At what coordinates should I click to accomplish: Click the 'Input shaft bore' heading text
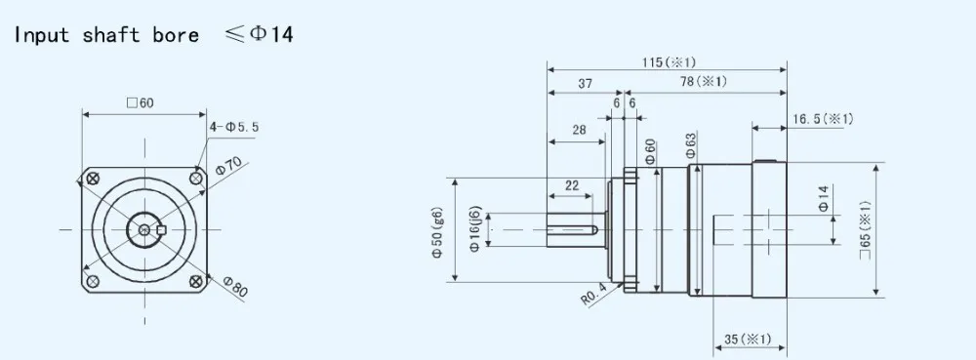(x=106, y=35)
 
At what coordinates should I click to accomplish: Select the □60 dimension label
(x=140, y=103)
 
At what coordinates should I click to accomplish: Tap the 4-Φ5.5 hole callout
(x=234, y=128)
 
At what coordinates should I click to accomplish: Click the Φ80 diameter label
(x=234, y=286)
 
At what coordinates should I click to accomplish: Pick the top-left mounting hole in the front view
(x=94, y=180)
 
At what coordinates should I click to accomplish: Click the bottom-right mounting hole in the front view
(x=196, y=282)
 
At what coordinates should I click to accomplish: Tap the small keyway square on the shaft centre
(x=162, y=230)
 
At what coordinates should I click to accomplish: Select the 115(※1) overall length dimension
(x=669, y=62)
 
